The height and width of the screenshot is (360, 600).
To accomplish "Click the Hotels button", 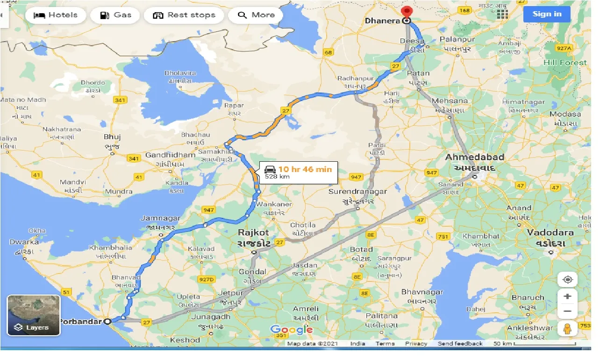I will (x=56, y=15).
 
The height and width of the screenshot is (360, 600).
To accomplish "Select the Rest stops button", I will (x=186, y=15).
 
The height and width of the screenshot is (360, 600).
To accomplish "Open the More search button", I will (x=256, y=15).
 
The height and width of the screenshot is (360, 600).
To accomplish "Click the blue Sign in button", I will (x=547, y=14).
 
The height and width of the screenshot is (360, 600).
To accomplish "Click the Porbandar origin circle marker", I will (x=107, y=321).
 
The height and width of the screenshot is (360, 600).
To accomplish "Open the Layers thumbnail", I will (x=34, y=315).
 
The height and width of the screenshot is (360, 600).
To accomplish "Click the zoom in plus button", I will (x=567, y=296).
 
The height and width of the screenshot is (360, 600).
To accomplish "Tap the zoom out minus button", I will (x=567, y=311).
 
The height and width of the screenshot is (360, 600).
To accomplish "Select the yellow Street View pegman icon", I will (x=567, y=329).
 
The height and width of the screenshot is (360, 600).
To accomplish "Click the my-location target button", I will (x=567, y=280).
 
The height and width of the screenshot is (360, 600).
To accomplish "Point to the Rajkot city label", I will (x=253, y=232).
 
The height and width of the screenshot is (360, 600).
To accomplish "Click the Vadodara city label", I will (x=550, y=232).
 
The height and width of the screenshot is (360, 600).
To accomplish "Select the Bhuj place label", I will (x=112, y=137).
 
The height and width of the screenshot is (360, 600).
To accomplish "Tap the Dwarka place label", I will (x=24, y=242).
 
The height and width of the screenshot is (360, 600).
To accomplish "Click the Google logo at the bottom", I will (x=292, y=330).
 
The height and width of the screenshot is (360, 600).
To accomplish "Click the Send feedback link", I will (x=460, y=344).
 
